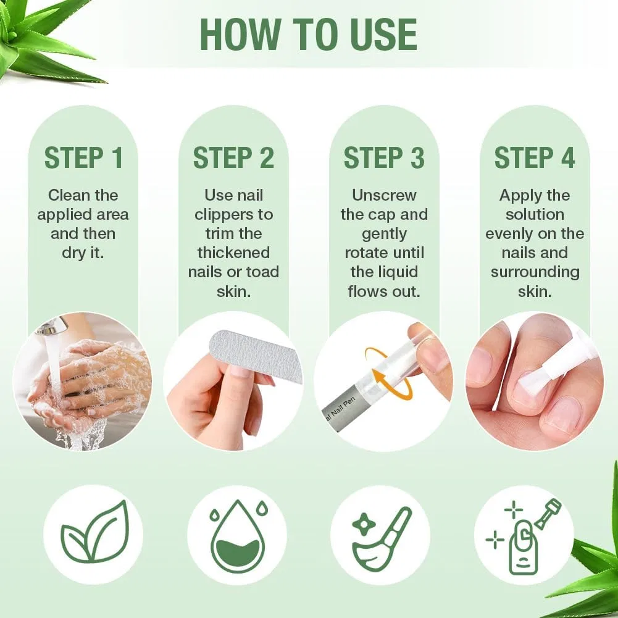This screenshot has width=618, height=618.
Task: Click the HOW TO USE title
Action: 309,35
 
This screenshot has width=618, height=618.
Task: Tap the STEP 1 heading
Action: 83,157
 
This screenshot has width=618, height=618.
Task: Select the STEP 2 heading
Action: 234,157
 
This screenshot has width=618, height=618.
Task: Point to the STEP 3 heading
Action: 384,157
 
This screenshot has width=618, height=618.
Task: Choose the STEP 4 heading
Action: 535,157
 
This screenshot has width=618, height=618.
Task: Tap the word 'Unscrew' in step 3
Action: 384,195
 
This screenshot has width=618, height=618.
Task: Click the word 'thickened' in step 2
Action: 234,253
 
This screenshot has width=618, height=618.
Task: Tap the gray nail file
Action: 256,356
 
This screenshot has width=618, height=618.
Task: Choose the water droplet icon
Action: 237,535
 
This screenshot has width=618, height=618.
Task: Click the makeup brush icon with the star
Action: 381,538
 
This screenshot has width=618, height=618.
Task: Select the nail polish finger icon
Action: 524,536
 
